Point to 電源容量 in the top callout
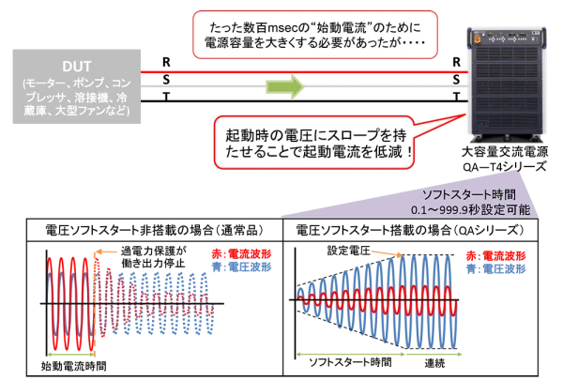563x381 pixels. pyautogui.click(x=230, y=43)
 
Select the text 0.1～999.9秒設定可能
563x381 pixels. pyautogui.click(x=464, y=210)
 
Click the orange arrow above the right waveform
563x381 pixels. pyautogui.click(x=386, y=252)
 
